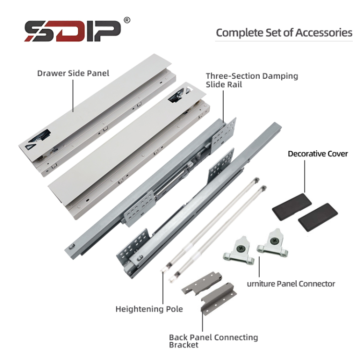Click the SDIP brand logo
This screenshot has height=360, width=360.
(72, 31)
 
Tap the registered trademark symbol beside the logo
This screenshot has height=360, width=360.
(127, 20)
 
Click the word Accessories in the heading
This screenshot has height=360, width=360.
(324, 33)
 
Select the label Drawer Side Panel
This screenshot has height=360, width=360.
(73, 73)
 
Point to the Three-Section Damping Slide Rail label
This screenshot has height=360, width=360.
(252, 80)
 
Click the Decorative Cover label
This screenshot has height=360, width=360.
(318, 154)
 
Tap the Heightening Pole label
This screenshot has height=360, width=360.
(149, 309)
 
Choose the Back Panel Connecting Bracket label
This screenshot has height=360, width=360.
(214, 341)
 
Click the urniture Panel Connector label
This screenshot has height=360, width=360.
(291, 284)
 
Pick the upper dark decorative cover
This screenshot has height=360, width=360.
(292, 207)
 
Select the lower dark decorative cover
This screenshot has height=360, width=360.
(318, 217)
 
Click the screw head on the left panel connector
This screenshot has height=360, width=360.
(240, 248)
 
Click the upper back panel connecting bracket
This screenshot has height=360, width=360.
(202, 283)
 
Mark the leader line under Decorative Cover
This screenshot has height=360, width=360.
(305, 176)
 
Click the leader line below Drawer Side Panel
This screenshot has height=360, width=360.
(73, 96)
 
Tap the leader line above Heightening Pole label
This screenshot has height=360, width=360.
(163, 288)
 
